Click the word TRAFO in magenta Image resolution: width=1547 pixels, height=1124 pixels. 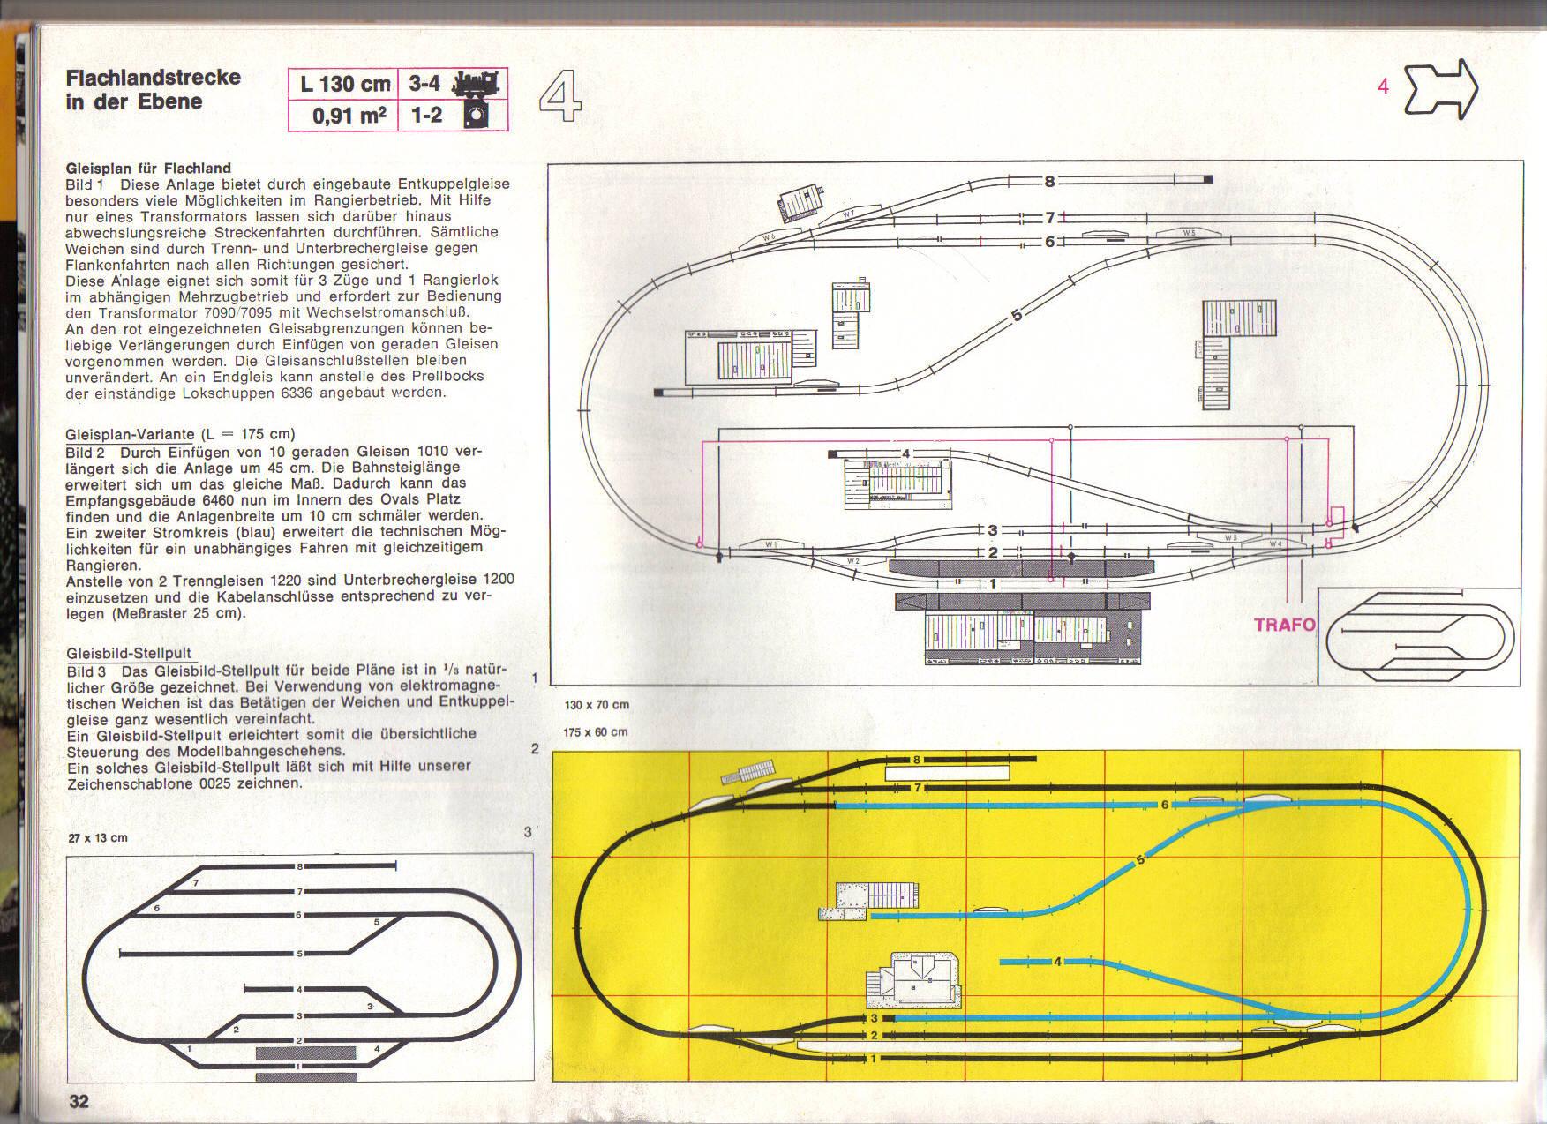click(x=1284, y=625)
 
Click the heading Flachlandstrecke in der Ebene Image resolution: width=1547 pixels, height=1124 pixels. click(x=153, y=89)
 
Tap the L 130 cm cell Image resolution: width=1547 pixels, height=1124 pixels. click(x=345, y=85)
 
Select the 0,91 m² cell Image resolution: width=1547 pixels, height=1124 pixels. click(x=349, y=116)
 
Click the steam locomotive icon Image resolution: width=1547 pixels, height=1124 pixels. click(x=476, y=84)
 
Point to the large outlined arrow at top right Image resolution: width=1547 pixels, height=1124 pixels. click(x=1441, y=89)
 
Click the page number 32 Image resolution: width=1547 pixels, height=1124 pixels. click(x=79, y=1100)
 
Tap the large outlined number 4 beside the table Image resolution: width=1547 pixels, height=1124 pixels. click(x=559, y=97)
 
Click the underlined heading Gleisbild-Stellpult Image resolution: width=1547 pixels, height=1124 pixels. click(x=129, y=654)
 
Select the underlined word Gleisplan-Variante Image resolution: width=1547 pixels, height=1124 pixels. click(x=130, y=434)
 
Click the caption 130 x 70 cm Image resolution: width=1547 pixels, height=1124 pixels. click(x=597, y=705)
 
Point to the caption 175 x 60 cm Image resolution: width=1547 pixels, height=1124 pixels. click(x=596, y=732)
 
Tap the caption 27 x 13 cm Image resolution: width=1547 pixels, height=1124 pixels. click(x=98, y=837)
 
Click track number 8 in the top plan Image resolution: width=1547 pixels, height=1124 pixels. click(x=1049, y=182)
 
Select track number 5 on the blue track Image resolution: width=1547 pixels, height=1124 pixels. click(x=1140, y=859)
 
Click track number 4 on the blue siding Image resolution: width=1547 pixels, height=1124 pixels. click(x=1057, y=961)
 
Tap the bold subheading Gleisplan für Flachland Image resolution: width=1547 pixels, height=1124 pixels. click(x=148, y=168)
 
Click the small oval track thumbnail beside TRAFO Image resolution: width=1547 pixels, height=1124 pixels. click(x=1419, y=636)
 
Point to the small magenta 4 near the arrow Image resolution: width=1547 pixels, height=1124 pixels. click(x=1383, y=86)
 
